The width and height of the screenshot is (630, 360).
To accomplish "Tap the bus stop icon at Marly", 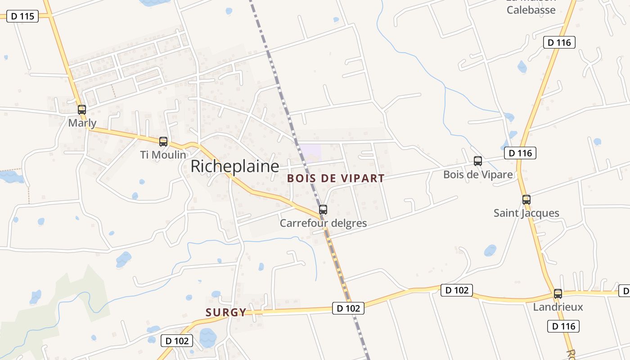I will point(81,109).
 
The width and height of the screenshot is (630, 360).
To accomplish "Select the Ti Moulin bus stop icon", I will point(163,141).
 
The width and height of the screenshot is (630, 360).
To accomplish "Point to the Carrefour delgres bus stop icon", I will point(323,209).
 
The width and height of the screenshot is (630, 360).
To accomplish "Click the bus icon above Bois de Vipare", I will point(477,161).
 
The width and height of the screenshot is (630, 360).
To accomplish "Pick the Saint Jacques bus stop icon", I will point(526,199).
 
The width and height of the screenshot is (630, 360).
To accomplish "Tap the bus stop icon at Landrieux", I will point(558,294).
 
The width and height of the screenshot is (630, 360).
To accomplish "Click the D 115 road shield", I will point(22,16).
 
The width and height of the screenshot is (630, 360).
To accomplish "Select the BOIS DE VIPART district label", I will point(336,178).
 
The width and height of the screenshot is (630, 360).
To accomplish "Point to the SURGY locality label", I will point(226,312).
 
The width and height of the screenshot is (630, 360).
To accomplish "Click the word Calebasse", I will point(531,10).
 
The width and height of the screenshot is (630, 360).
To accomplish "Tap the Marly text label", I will point(82,123).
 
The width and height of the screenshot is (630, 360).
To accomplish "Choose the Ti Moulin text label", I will point(163,155).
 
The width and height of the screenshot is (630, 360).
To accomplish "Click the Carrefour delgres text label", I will point(323,223).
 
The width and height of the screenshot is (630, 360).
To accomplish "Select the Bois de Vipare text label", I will point(478,175).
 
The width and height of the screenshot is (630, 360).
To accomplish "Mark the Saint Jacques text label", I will point(526,213).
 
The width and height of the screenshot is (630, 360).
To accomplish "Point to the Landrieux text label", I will point(558,307).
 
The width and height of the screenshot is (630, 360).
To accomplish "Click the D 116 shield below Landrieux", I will point(563,326).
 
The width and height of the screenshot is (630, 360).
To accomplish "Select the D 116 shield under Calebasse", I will point(559,43).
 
